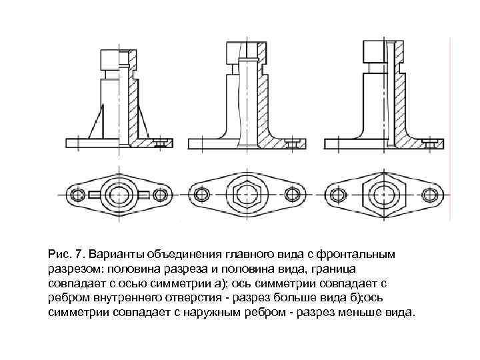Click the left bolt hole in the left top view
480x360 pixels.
(79, 194)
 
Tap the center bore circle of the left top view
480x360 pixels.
(119, 194)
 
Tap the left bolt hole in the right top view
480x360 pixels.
(337, 194)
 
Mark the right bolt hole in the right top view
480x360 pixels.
(427, 194)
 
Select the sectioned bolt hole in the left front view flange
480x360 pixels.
(159, 142)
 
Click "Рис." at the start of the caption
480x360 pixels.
(59, 254)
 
